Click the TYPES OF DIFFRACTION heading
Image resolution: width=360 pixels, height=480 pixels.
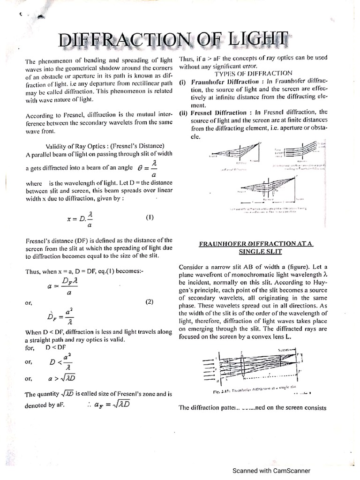253,73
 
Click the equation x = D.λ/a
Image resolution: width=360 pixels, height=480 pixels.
80,218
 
